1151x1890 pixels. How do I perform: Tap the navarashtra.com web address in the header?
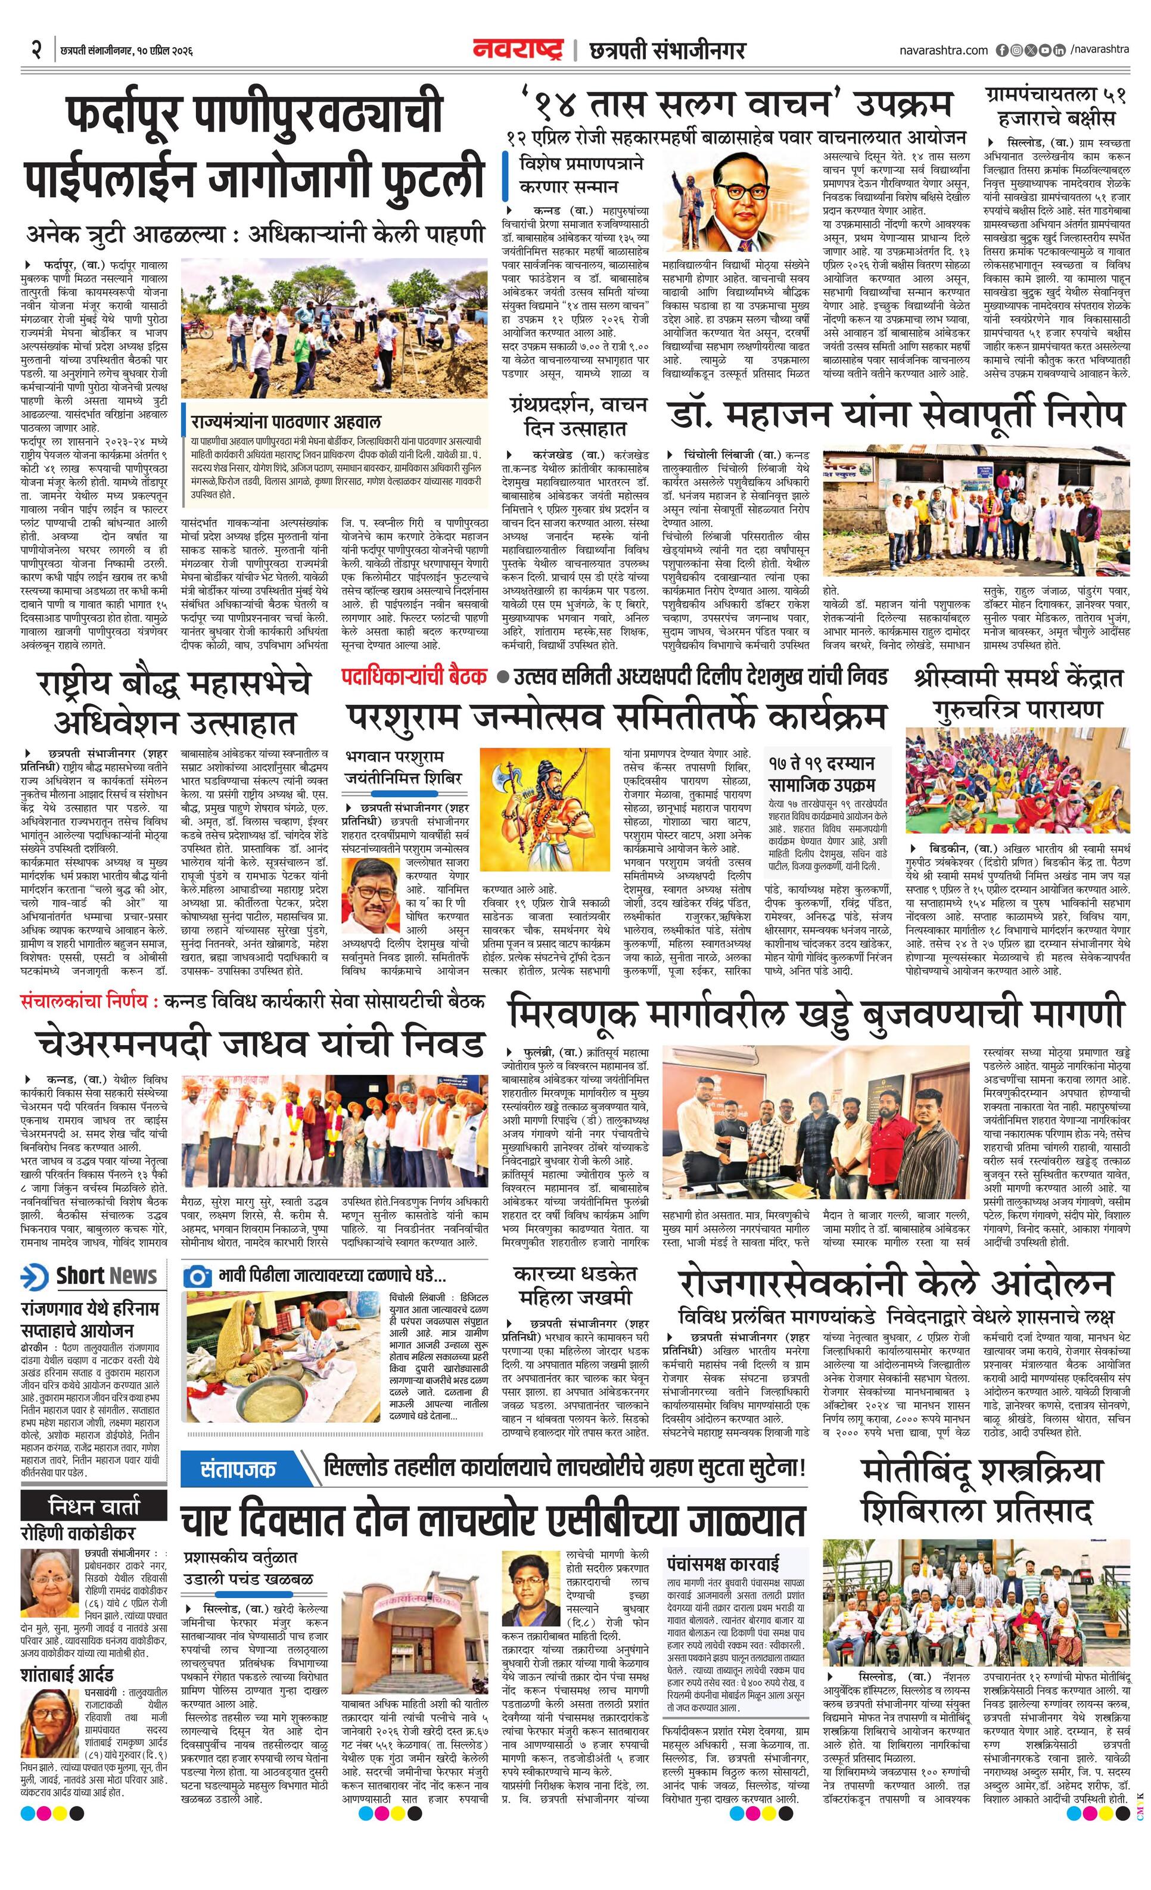point(943,51)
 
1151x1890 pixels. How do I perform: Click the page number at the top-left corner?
point(35,51)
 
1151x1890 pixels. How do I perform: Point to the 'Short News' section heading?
point(91,1276)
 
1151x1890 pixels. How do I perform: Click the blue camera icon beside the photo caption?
point(198,1277)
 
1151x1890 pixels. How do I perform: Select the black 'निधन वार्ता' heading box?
point(94,1506)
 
